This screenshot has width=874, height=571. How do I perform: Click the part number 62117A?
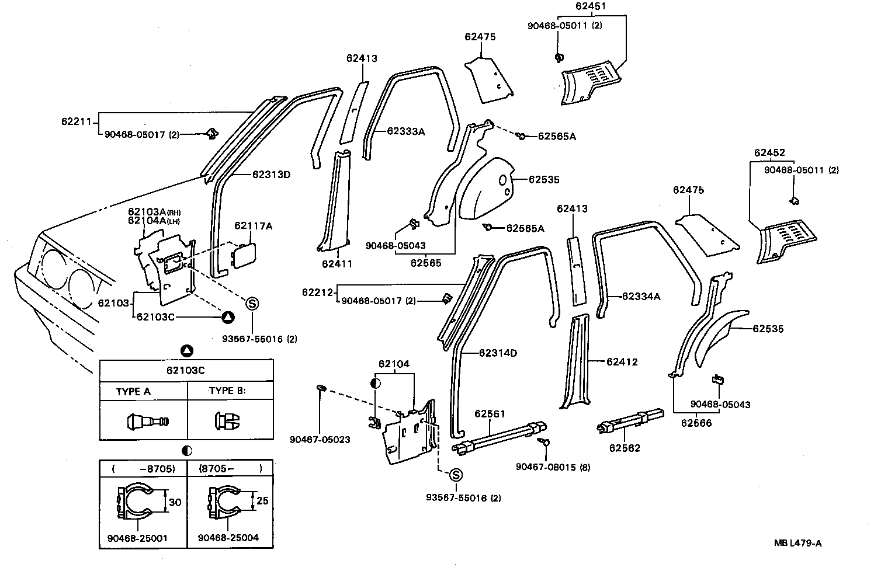pyautogui.click(x=254, y=226)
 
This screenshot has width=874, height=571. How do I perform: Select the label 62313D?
pyautogui.click(x=272, y=175)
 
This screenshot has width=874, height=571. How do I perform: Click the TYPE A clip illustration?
pyautogui.click(x=147, y=420)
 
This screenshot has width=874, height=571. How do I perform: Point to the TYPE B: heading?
pyautogui.click(x=227, y=391)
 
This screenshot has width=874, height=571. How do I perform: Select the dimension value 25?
pyautogui.click(x=262, y=501)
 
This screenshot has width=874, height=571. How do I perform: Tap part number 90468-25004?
pyautogui.click(x=228, y=538)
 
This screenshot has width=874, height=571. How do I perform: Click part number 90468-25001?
pyautogui.click(x=137, y=538)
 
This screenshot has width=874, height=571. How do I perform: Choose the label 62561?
pyautogui.click(x=489, y=413)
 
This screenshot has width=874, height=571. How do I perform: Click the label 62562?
pyautogui.click(x=625, y=448)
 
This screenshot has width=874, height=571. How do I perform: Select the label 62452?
pyautogui.click(x=769, y=153)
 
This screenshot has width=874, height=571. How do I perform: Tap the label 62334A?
pyautogui.click(x=641, y=297)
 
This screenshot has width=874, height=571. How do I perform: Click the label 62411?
pyautogui.click(x=337, y=263)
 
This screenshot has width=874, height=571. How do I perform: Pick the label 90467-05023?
pyautogui.click(x=320, y=439)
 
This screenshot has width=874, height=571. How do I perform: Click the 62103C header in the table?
pyautogui.click(x=186, y=370)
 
